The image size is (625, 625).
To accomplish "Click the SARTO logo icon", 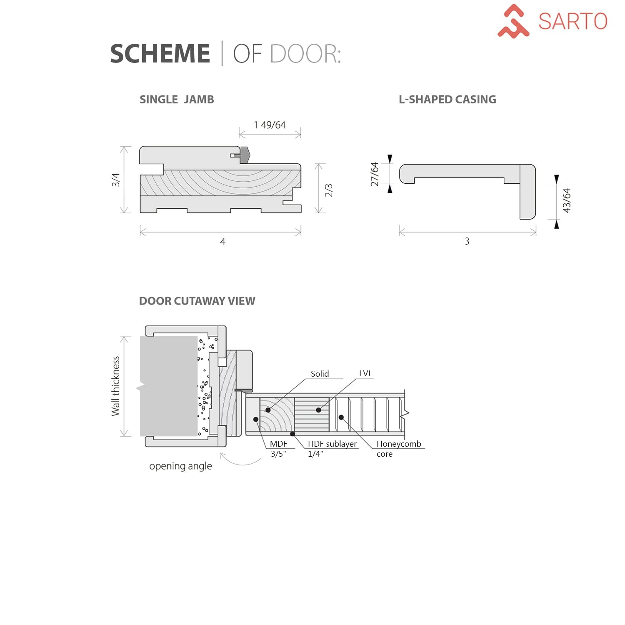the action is pyautogui.click(x=513, y=21).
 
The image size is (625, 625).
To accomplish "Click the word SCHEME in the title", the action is pyautogui.click(x=160, y=54).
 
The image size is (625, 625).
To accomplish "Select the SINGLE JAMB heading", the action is pyautogui.click(x=177, y=100).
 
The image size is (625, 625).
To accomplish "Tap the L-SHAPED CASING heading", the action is pyautogui.click(x=447, y=100).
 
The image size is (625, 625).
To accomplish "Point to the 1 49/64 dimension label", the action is pyautogui.click(x=270, y=125).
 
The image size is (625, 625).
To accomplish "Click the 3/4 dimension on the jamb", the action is pyautogui.click(x=115, y=180).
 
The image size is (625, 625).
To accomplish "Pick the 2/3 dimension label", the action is pyautogui.click(x=329, y=190).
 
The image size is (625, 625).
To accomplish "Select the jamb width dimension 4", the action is pyautogui.click(x=222, y=242).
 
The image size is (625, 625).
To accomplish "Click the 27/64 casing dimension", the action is pyautogui.click(x=375, y=174).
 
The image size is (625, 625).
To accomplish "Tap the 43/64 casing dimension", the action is pyautogui.click(x=567, y=200).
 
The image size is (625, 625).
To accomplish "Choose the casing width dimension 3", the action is pyautogui.click(x=467, y=241).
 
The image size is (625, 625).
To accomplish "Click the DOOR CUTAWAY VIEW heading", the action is pyautogui.click(x=197, y=301).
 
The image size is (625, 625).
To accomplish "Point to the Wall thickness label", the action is pyautogui.click(x=115, y=386).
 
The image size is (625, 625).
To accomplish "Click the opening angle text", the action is pyautogui.click(x=180, y=466).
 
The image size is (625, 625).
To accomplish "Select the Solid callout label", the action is pyautogui.click(x=320, y=374).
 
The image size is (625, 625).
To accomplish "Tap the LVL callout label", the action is pyautogui.click(x=365, y=374).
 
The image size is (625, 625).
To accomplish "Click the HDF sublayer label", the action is pyautogui.click(x=332, y=444).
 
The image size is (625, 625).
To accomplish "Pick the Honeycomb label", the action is pyautogui.click(x=399, y=444).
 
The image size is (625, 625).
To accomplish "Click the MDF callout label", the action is pyautogui.click(x=278, y=444).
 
